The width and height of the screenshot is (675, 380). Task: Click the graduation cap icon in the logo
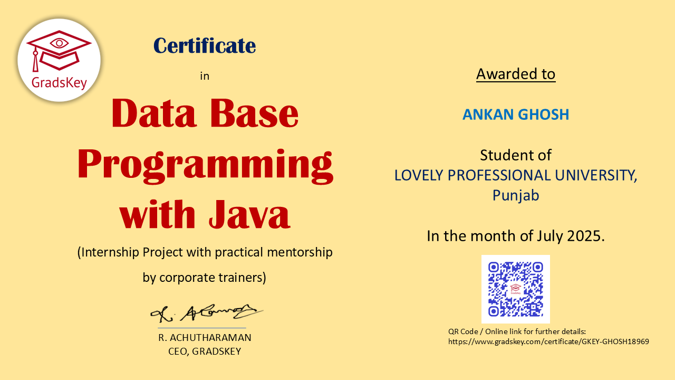coord(59,51)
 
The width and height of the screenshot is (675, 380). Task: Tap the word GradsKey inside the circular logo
coord(59,83)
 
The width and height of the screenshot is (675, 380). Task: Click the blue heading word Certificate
coord(205,46)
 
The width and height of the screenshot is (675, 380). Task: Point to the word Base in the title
coord(254,113)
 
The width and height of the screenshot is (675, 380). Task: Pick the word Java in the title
coord(249,214)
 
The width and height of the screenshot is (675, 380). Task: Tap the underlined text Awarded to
coord(516,74)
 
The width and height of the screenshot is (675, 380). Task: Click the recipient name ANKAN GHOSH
coord(516,115)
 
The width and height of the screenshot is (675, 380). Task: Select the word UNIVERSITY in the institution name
coord(596,175)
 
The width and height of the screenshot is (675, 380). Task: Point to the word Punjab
coord(516,195)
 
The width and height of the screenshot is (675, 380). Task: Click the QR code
coord(516,289)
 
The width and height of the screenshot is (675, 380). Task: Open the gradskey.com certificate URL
coord(548,341)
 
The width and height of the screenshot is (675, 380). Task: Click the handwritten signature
coord(206,313)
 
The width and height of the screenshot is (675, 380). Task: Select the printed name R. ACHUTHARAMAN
coord(205,338)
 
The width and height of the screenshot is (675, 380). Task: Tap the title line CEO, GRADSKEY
coord(205,351)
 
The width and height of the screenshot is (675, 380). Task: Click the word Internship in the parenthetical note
coord(111,252)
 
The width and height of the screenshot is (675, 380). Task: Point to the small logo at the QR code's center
coord(516,289)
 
